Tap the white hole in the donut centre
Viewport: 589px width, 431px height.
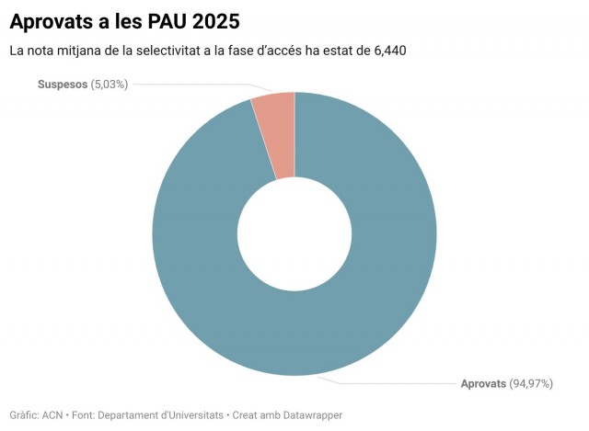point(294,233)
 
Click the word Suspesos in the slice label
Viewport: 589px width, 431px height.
point(62,85)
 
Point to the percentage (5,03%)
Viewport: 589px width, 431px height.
point(110,85)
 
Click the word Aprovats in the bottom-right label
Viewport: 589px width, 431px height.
point(483,383)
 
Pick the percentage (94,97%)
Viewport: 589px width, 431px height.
point(533,383)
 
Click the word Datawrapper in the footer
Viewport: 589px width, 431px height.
point(312,415)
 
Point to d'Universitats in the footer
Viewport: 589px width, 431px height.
point(192,415)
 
